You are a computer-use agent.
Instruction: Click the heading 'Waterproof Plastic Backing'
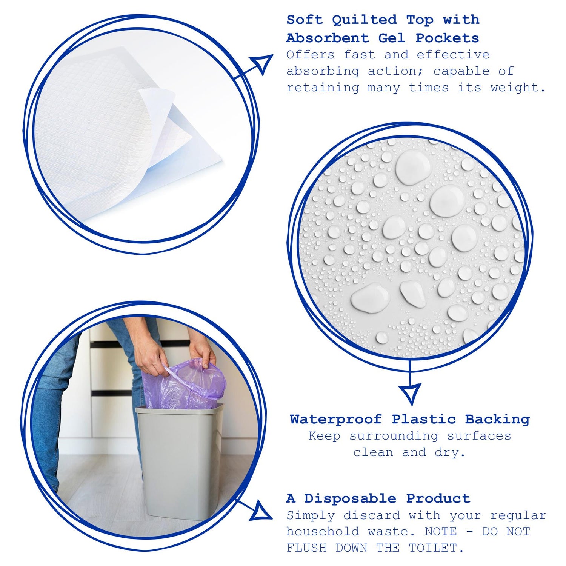tap(410, 419)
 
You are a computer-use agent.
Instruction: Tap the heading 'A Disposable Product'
tap(378, 498)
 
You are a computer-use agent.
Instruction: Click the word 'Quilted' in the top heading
tap(365, 20)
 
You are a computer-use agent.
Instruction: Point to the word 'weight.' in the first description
tap(518, 88)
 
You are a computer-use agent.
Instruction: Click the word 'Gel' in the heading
tap(392, 38)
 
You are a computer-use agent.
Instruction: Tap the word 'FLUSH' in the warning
tap(306, 548)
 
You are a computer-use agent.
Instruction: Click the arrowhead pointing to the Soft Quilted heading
tap(263, 63)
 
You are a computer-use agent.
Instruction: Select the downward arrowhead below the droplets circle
tap(410, 392)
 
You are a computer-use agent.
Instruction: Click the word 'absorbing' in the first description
tap(323, 71)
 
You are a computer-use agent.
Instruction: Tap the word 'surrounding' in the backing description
tap(394, 436)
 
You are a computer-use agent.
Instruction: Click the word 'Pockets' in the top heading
tap(447, 38)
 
